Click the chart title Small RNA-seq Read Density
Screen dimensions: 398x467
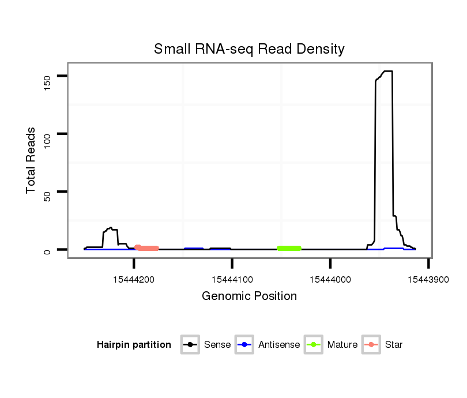[x=249, y=49]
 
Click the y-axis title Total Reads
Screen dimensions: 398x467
[x=32, y=160]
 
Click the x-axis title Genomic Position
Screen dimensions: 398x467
[x=249, y=296]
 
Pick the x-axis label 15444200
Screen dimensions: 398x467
[x=134, y=279]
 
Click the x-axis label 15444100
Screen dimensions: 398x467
[x=232, y=279]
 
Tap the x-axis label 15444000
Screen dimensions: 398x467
[x=330, y=279]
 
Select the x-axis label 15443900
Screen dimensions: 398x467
[x=428, y=279]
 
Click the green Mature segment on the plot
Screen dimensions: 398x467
[x=289, y=249]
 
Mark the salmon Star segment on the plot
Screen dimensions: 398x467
[x=147, y=248]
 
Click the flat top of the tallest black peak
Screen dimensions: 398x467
[x=386, y=72]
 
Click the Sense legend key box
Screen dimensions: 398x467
[x=190, y=345]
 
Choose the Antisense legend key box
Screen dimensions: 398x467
[x=244, y=345]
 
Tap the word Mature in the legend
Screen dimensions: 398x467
[x=342, y=345]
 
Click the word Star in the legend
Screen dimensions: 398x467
[x=394, y=345]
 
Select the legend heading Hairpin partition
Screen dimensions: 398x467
[x=134, y=345]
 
